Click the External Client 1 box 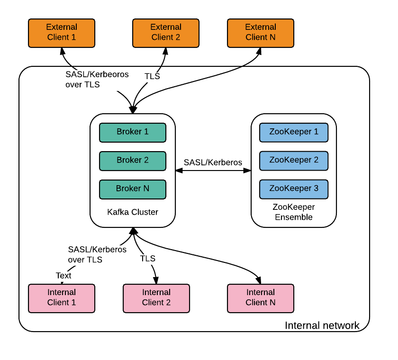[x=62, y=33]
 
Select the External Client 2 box [x=165, y=33]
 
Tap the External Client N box [x=261, y=33]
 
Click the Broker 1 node [x=133, y=132]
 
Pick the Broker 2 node [x=133, y=161]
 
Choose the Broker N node [x=133, y=189]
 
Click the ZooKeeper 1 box [x=294, y=132]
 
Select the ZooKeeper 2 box [x=294, y=161]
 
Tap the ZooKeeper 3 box [x=294, y=189]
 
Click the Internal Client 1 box [x=62, y=298]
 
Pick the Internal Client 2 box [x=156, y=298]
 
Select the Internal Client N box [x=261, y=298]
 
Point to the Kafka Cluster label [x=133, y=212]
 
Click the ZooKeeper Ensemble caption [x=293, y=212]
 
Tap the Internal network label [x=322, y=326]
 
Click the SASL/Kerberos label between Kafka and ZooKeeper [x=213, y=162]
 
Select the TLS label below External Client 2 [x=152, y=76]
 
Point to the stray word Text [x=63, y=276]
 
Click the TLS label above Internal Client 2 [x=148, y=259]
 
